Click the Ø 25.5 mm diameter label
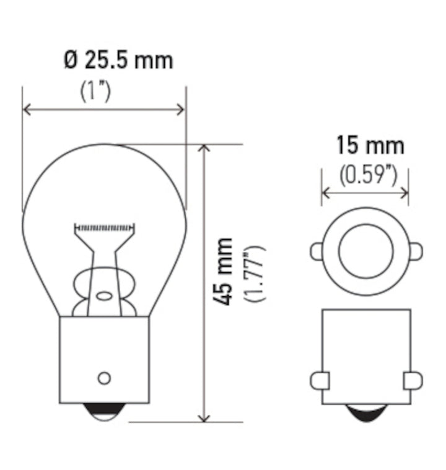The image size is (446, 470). (118, 61)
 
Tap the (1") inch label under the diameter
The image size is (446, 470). (95, 91)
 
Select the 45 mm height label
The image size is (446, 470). (224, 271)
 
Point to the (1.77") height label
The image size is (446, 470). (255, 273)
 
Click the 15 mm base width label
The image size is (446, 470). (370, 146)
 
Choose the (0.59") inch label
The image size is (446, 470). (368, 175)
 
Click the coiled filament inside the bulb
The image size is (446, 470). (103, 227)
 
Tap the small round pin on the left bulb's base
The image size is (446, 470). (104, 377)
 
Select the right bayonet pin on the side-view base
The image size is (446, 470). (412, 380)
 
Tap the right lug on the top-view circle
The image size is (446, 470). (416, 251)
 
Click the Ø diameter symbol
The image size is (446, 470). (69, 61)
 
